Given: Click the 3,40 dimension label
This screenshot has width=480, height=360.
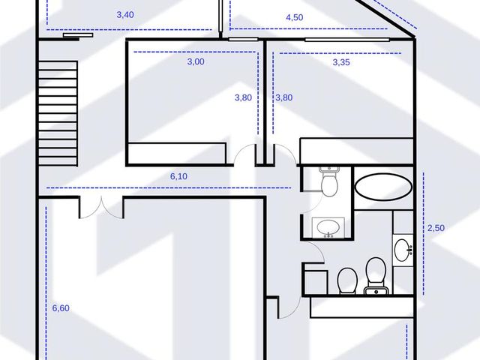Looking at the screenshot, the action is point(125,15).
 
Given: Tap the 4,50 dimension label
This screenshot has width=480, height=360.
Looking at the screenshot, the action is point(295,17).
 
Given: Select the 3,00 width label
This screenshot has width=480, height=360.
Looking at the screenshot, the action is point(196,61).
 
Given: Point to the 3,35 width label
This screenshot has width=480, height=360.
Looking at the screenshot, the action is point(341,62).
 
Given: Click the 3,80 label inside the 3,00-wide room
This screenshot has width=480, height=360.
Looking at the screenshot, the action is point(243,97).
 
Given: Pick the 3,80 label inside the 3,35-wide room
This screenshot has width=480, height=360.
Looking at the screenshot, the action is point(283,97).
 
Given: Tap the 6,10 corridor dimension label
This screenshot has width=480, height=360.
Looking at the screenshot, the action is point(178,176).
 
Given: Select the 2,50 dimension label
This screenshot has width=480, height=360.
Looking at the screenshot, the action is point(436,228).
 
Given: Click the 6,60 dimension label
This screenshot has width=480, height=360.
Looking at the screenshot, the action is point(61,308).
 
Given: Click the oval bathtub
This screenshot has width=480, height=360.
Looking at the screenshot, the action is point(383,187).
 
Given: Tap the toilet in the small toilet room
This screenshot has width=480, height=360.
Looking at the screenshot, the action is point(329,181).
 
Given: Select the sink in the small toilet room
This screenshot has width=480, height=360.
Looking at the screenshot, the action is point(328,227).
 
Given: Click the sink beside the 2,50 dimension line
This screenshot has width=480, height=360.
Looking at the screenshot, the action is point(403,250).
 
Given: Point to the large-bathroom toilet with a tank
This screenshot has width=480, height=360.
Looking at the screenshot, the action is point(376,275).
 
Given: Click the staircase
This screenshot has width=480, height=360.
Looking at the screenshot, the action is point(58,113).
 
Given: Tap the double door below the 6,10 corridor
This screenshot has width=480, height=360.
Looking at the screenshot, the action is point(101,208).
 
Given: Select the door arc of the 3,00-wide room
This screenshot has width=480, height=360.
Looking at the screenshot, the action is point(244,153).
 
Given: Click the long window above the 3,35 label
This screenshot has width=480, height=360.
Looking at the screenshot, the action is point(347,40).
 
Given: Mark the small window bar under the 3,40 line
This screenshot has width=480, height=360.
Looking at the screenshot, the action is point(78,35).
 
